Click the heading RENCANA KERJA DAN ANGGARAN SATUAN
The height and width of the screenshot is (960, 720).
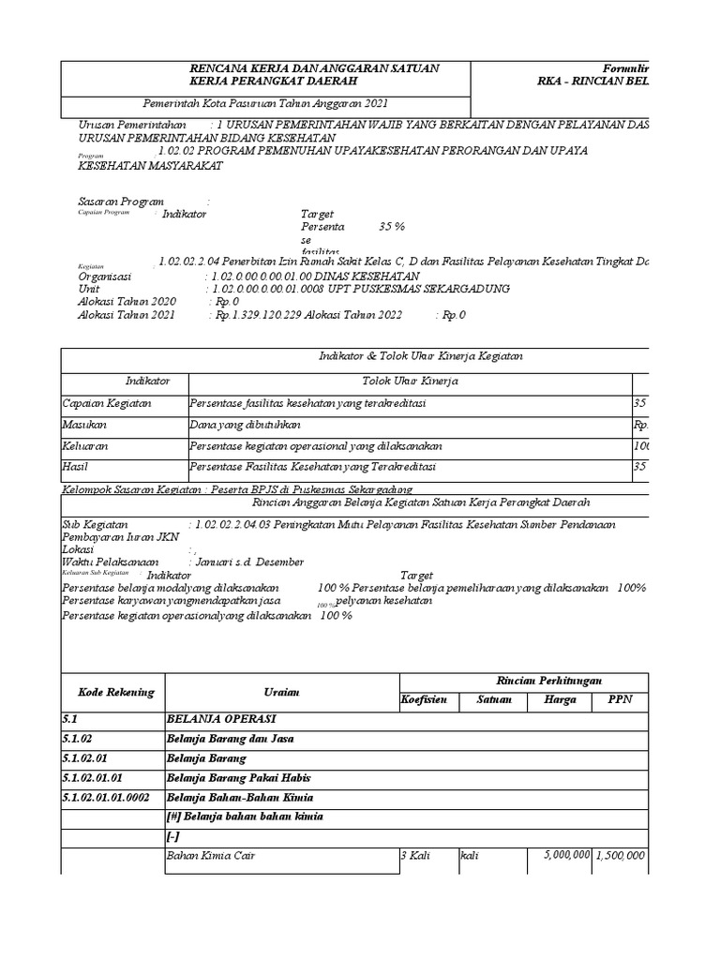tap(314, 69)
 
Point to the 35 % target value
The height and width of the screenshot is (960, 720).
tap(391, 227)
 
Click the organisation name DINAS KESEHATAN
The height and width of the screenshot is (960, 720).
tap(359, 277)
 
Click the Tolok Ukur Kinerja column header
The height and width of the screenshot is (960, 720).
tap(410, 382)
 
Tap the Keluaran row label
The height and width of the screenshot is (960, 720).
tap(85, 446)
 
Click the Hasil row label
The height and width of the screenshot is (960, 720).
tap(75, 467)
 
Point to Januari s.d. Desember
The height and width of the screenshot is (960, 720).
tap(247, 562)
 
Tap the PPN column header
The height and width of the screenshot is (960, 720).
tap(620, 700)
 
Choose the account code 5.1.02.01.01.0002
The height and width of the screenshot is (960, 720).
tap(107, 797)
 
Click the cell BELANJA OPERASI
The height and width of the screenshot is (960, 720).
tap(221, 718)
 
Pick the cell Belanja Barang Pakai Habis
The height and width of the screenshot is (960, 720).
tap(238, 777)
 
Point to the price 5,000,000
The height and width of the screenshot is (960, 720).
tap(565, 856)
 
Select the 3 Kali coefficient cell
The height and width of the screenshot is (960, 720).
tap(416, 856)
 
